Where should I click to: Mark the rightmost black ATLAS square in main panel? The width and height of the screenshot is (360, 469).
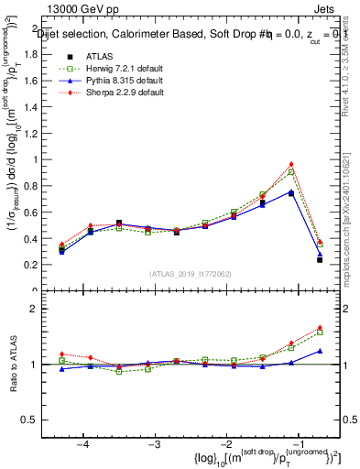click(x=320, y=260)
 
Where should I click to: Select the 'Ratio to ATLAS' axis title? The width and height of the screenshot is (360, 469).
click(x=14, y=365)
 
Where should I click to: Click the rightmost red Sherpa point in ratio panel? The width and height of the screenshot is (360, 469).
click(x=320, y=326)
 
